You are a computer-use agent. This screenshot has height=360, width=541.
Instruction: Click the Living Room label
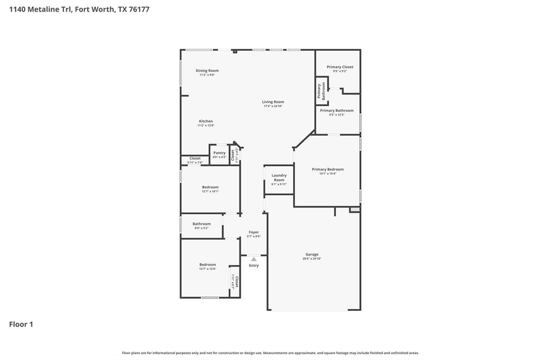[273, 102]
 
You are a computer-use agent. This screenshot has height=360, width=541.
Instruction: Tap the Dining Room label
[207, 71]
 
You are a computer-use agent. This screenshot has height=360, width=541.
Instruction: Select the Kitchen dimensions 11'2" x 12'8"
[206, 126]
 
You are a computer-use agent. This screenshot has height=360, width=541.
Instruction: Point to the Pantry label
[219, 153]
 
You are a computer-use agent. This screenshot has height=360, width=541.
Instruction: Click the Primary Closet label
[340, 67]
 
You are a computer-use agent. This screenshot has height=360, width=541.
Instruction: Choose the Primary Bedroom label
[328, 169]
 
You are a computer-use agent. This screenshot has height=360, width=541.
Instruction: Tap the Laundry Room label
[279, 177]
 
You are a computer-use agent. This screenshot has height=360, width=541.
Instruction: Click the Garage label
[312, 254]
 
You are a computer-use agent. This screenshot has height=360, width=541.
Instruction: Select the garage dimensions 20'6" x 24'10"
[312, 259]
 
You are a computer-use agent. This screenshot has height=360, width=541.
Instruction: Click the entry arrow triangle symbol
[254, 259]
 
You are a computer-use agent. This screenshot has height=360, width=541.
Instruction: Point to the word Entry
[254, 266]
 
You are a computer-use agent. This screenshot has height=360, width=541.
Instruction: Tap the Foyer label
[254, 232]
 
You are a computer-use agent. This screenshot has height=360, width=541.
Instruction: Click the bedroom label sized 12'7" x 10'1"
[210, 187]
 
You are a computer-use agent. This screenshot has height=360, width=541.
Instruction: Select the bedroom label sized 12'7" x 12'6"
[208, 264]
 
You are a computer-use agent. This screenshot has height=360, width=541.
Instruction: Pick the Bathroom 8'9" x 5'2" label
[201, 224]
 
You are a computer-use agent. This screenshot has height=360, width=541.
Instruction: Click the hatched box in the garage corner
[355, 210]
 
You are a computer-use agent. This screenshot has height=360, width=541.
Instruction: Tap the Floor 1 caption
[21, 324]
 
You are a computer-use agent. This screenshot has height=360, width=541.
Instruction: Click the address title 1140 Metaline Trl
[79, 9]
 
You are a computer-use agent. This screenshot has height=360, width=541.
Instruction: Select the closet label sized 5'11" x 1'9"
[195, 158]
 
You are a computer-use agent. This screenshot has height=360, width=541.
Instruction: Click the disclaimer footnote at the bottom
[270, 353]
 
